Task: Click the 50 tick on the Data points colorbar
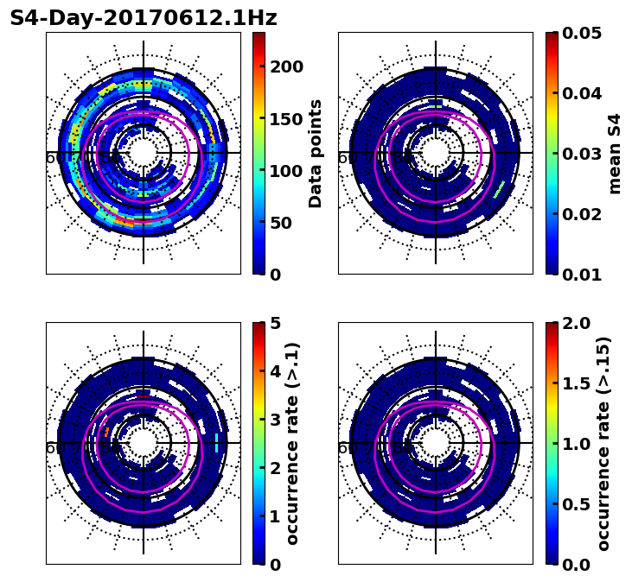tap(281, 223)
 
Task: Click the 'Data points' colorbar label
tap(316, 153)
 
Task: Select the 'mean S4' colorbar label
tap(615, 153)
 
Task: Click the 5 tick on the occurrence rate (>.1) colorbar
tap(276, 323)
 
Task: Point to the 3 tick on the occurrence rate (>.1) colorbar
tap(276, 420)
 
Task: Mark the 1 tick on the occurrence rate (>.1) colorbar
tap(276, 516)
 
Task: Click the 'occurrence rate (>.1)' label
tap(293, 443)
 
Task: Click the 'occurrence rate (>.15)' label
tap(603, 443)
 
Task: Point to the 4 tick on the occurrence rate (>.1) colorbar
tap(276, 371)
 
